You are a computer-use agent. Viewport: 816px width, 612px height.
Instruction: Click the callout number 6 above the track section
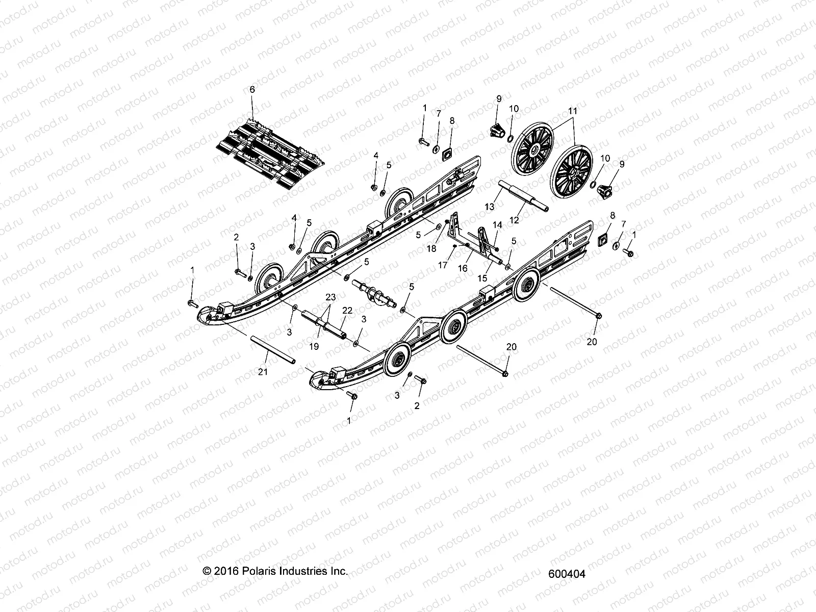[251, 89]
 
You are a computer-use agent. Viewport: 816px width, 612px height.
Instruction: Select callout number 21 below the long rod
[263, 372]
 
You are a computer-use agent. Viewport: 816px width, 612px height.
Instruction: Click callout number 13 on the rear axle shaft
[490, 206]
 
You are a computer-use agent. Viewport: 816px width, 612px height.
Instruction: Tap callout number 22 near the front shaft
[347, 324]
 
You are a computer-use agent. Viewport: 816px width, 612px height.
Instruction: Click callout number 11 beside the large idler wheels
[573, 110]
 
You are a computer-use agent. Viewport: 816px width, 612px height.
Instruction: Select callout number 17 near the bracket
[443, 265]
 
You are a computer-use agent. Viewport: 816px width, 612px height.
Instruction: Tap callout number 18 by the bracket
[431, 248]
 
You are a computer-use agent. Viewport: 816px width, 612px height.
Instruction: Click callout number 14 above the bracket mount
[497, 224]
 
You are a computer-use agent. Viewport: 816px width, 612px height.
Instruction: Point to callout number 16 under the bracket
[463, 268]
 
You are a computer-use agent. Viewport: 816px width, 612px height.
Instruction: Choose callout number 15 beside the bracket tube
[483, 278]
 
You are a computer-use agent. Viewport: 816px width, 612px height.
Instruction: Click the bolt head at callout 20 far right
[598, 316]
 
